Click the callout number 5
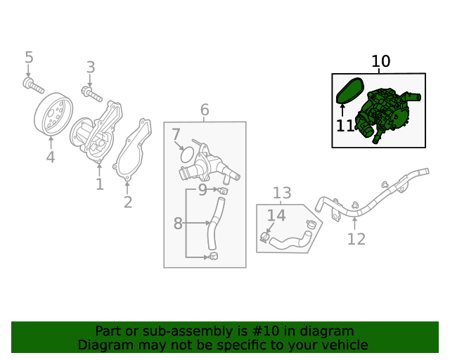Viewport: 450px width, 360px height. (x=29, y=57)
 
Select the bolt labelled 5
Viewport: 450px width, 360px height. (x=32, y=86)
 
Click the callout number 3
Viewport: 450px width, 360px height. (x=90, y=67)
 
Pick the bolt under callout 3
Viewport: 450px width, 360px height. (x=91, y=92)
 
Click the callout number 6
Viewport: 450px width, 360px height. (x=205, y=110)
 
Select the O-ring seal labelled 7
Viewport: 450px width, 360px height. (x=186, y=155)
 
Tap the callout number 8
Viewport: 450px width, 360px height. (x=178, y=224)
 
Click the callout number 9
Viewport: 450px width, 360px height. (x=202, y=189)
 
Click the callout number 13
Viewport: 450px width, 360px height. (x=282, y=193)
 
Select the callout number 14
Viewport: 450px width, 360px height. (x=276, y=216)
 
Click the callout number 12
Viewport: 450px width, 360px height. (x=356, y=239)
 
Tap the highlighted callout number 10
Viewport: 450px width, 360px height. (x=380, y=62)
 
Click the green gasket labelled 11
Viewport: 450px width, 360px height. (x=348, y=93)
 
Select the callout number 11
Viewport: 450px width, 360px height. (x=345, y=127)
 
